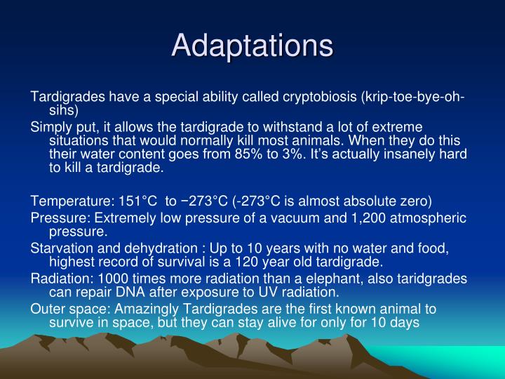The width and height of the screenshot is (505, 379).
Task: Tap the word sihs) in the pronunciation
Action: click(x=64, y=110)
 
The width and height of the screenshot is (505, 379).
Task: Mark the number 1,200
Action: click(x=337, y=218)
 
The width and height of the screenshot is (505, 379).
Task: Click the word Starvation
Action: click(x=60, y=248)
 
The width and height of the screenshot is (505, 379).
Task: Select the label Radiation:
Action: click(x=59, y=278)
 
